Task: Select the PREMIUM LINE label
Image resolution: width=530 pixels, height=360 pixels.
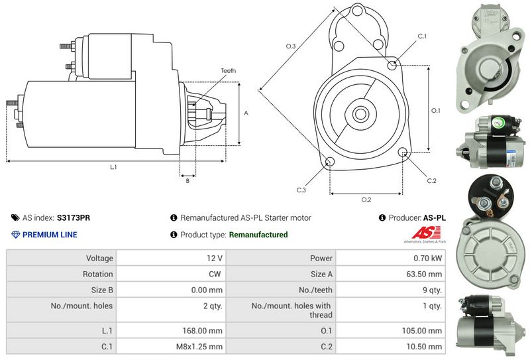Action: coord(50,235)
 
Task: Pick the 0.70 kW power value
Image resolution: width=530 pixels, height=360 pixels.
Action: coord(428,258)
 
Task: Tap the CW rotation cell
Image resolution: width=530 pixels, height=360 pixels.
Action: coord(216,274)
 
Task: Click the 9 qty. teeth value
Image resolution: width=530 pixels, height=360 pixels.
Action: coord(431,290)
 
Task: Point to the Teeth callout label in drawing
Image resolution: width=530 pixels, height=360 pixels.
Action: coord(228,71)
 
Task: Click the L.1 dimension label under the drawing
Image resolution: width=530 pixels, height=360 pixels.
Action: coord(113,167)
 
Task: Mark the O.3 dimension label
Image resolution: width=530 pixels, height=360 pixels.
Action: coord(290,46)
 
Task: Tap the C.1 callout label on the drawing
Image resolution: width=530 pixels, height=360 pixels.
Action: coord(422,36)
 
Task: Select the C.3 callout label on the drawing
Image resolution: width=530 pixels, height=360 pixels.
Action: coord(301,190)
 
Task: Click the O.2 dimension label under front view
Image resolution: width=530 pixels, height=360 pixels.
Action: coord(366,200)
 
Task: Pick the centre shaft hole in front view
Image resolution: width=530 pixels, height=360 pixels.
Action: coord(362,113)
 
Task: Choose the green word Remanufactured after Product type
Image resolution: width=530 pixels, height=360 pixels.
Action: coord(258,235)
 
